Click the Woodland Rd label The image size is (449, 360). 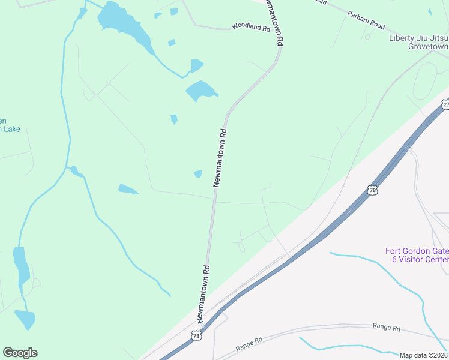pos(252,28)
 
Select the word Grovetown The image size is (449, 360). pos(428,46)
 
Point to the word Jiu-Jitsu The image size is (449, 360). pos(433,38)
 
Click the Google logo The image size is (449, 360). pos(20,353)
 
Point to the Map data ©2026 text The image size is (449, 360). pos(423,355)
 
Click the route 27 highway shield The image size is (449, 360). pos(445,104)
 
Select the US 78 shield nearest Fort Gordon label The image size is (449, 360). pos(373,190)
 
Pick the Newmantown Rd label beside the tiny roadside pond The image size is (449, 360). pos(221,157)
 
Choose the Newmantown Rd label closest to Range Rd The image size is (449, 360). pos(202,293)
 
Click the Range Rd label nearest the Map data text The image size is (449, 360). pos(386,328)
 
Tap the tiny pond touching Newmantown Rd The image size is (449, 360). pos(198,174)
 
